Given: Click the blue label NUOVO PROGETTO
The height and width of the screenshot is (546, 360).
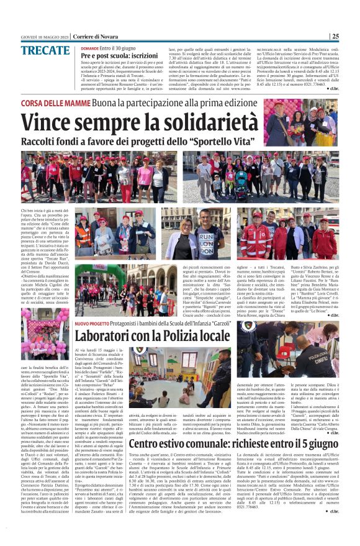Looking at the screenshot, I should pyautogui.click(x=92, y=323).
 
